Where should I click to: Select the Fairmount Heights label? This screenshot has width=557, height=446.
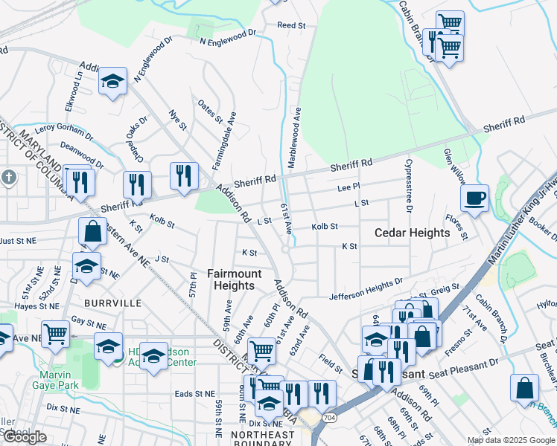click(x=234, y=279)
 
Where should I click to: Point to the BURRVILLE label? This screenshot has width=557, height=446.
click(x=112, y=303)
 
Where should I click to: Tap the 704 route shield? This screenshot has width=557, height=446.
click(x=328, y=418)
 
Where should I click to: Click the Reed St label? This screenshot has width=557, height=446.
click(x=291, y=25)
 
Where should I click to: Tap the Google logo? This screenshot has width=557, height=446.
click(x=25, y=437)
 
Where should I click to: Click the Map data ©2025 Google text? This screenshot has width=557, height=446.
click(x=510, y=440)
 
